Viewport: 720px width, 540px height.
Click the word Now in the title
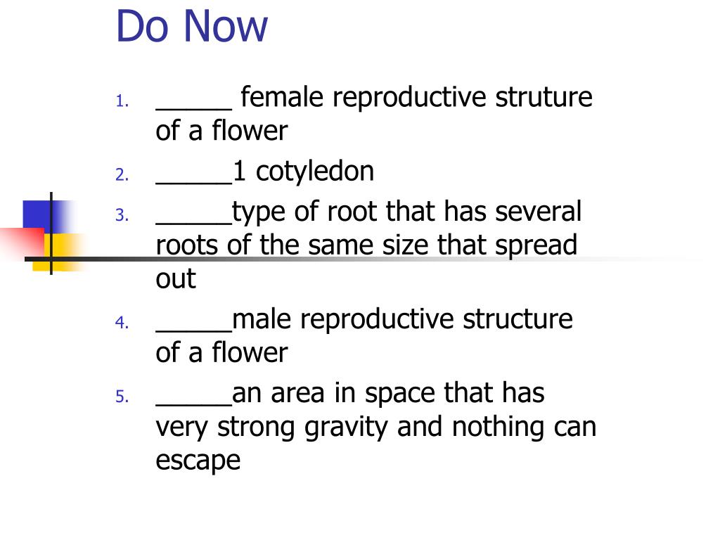pyautogui.click(x=226, y=26)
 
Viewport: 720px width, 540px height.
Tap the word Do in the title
pyautogui.click(x=142, y=26)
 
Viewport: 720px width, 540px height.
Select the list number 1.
pyautogui.click(x=122, y=101)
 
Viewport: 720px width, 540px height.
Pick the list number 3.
pyautogui.click(x=122, y=215)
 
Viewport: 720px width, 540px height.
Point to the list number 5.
pyautogui.click(x=122, y=397)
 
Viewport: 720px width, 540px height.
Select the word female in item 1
pyautogui.click(x=282, y=96)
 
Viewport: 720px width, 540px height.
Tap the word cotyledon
pyautogui.click(x=314, y=172)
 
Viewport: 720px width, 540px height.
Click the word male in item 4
pyautogui.click(x=262, y=319)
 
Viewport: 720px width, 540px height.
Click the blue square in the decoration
pyautogui.click(x=37, y=215)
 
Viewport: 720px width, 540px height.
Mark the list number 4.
pyautogui.click(x=122, y=322)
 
